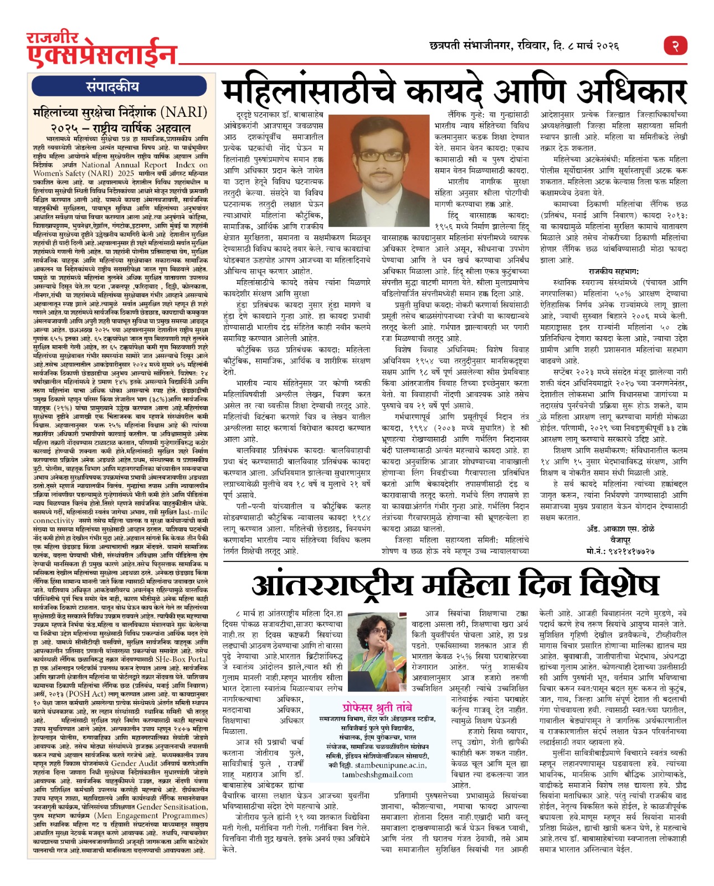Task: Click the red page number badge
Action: point(675,45)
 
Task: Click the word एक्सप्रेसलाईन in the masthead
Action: point(102,56)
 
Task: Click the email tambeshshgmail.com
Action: point(377,774)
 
